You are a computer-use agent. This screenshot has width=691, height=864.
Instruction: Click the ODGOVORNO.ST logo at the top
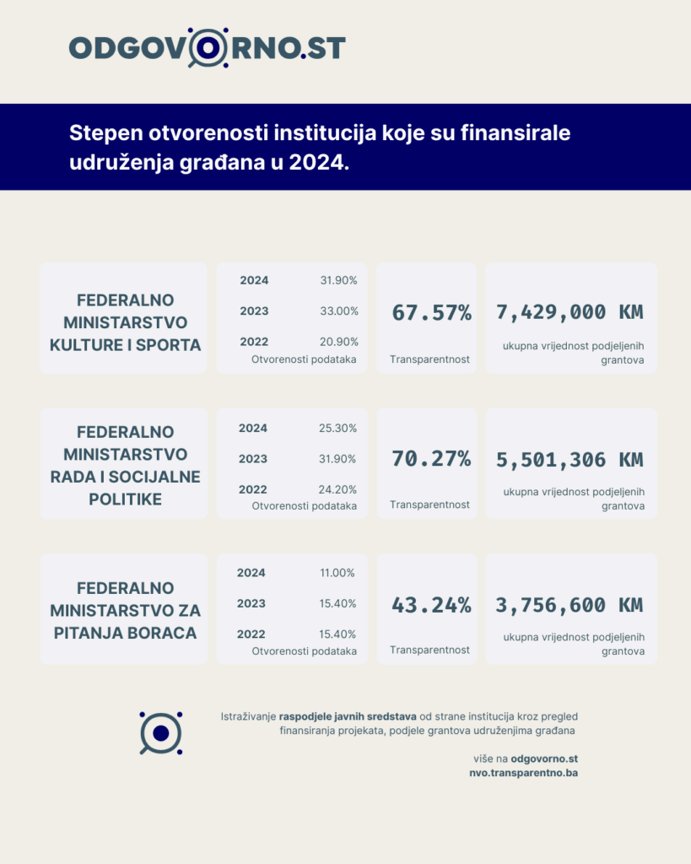point(207,47)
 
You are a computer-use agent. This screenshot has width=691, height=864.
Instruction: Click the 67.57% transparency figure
point(431,312)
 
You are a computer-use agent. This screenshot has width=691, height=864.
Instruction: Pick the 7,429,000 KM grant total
point(570,312)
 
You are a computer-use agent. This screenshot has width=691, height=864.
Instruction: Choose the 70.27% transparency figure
point(431,460)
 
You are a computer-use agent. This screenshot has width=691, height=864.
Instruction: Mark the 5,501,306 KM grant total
point(570,460)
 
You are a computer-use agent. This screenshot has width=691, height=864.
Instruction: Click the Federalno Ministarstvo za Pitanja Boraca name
point(125,610)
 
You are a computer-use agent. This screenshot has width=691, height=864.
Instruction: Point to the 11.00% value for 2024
point(338,573)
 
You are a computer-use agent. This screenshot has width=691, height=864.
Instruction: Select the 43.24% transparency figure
point(431,605)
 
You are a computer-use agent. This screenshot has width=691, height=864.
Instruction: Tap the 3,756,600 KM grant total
point(570,605)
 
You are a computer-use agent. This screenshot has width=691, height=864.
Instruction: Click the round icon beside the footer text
point(161,732)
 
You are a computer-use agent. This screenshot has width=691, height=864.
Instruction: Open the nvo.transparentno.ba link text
point(523,773)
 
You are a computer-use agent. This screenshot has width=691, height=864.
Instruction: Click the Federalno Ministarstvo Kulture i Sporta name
point(125,321)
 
